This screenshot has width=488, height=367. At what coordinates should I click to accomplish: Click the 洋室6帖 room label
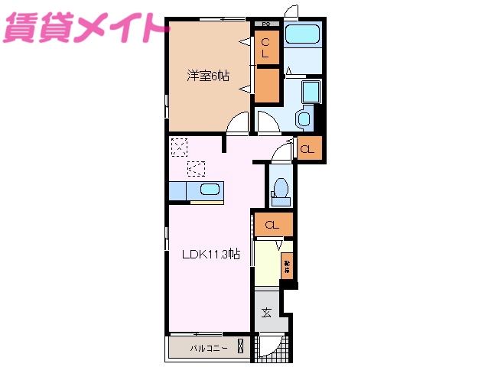pos(209,75)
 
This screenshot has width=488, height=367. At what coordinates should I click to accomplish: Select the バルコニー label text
pos(209,349)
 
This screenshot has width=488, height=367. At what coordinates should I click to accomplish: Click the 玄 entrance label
pos(266,312)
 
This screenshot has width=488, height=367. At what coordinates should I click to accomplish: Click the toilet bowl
pos(281,188)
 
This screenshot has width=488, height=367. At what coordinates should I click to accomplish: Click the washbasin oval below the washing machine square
pos(303,119)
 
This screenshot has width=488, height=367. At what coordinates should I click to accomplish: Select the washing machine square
pos(311,92)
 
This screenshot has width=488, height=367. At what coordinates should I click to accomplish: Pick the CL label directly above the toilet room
pos(306,149)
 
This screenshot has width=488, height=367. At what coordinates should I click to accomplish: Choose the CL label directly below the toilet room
pos(272,225)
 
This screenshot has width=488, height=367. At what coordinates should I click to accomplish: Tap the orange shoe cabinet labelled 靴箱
pos(287,266)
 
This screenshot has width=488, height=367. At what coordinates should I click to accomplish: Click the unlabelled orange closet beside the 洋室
pos(266,86)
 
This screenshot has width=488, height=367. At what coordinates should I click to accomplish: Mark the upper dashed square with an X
pos(179,146)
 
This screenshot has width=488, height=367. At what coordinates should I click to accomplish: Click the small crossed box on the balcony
pos(242,346)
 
